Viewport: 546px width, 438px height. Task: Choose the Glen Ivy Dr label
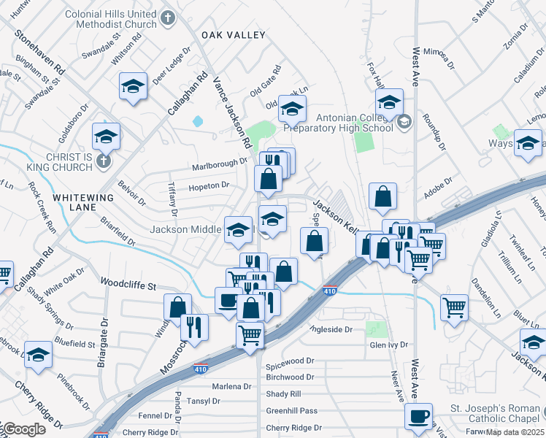(388, 345)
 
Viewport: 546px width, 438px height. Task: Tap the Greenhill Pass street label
(292, 411)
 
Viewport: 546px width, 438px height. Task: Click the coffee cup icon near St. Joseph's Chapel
(419, 416)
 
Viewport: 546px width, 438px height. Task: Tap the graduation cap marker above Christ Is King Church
(106, 136)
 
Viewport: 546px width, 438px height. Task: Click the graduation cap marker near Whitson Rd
(134, 86)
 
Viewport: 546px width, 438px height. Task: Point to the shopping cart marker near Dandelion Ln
(454, 307)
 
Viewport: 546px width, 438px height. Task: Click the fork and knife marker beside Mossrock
(194, 326)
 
